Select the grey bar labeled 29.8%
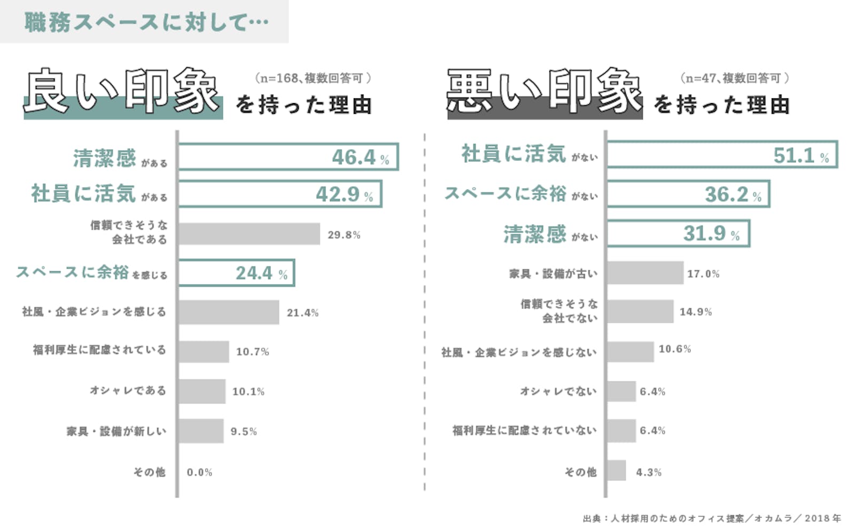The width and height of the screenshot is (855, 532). point(249,234)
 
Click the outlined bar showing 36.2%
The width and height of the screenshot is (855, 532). point(688,194)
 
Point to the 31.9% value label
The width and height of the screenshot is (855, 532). point(711,233)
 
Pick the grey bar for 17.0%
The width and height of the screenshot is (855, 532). point(645,273)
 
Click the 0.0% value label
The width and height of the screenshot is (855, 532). point(199,472)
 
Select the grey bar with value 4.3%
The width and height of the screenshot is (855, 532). point(617,471)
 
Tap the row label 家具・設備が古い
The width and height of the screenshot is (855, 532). point(553,273)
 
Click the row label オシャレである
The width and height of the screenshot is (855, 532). point(128,390)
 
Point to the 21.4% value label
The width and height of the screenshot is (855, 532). point(302,312)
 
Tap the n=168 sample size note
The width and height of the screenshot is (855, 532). point(313,78)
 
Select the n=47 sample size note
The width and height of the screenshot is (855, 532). point(734,78)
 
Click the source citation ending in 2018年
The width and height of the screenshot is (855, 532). point(712,518)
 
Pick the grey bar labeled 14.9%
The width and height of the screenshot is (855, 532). point(640,311)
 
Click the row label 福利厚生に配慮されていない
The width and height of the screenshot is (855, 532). point(524,430)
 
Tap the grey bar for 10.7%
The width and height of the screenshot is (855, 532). point(204,351)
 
